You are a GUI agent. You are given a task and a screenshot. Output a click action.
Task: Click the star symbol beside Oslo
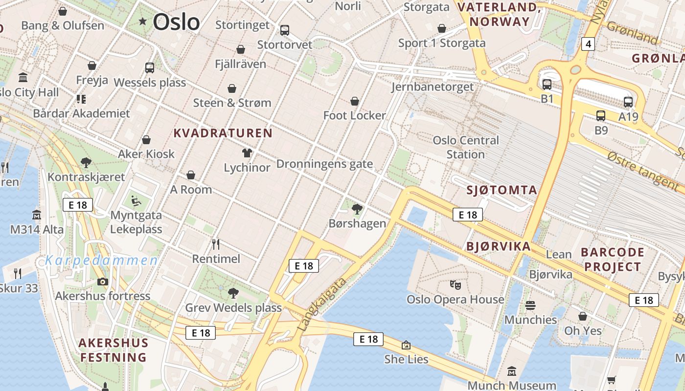pos(143,21)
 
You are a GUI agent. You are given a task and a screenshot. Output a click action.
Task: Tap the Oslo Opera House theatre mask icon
pos(455,284)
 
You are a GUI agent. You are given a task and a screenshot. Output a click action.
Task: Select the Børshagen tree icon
pos(357,209)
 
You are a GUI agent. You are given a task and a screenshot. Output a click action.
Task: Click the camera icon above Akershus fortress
pos(102,282)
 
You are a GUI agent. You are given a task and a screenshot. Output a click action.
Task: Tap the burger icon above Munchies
pos(530,305)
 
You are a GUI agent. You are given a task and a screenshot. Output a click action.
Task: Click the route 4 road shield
pos(588,44)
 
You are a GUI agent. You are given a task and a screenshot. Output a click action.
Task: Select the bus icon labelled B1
pos(547,84)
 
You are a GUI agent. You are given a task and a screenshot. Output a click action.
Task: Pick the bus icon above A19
pos(628,102)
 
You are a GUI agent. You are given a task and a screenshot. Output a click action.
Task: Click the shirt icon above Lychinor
pos(247,153)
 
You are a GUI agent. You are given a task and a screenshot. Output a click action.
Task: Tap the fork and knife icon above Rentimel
pos(216,244)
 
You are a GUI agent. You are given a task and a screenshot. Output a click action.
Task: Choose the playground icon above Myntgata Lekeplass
pos(136,200)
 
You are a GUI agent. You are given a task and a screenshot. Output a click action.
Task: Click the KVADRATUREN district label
pos(223,133)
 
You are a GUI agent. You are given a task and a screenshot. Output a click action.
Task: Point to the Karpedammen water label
pos(101,260)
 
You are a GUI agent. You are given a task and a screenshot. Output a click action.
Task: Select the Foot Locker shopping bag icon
pos(355,101)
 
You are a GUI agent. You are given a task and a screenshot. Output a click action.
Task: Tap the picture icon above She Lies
pos(406,345)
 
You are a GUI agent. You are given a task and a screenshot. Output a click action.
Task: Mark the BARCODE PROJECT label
pos(612,260)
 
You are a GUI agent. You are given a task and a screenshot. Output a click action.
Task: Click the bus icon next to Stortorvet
pos(285,30)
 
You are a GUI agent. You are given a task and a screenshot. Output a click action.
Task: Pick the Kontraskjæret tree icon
pos(86,162)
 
